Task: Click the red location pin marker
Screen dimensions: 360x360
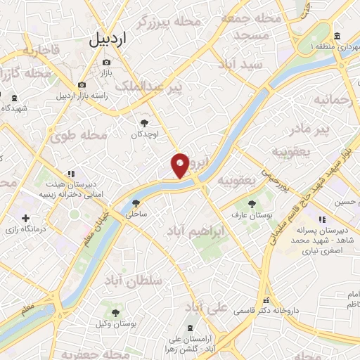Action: [x=180, y=165]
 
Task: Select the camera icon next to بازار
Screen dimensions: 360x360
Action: [x=106, y=61]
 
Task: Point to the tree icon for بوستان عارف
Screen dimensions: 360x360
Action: [x=252, y=203]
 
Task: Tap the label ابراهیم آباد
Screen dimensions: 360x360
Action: [x=196, y=230]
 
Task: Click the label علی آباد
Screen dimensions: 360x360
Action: [x=206, y=307]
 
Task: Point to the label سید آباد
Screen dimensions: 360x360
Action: [x=240, y=64]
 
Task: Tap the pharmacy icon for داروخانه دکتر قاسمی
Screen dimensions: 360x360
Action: [x=266, y=300]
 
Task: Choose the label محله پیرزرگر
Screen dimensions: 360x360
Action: [x=174, y=22]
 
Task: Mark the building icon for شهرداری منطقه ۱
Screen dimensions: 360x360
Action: [x=337, y=36]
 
